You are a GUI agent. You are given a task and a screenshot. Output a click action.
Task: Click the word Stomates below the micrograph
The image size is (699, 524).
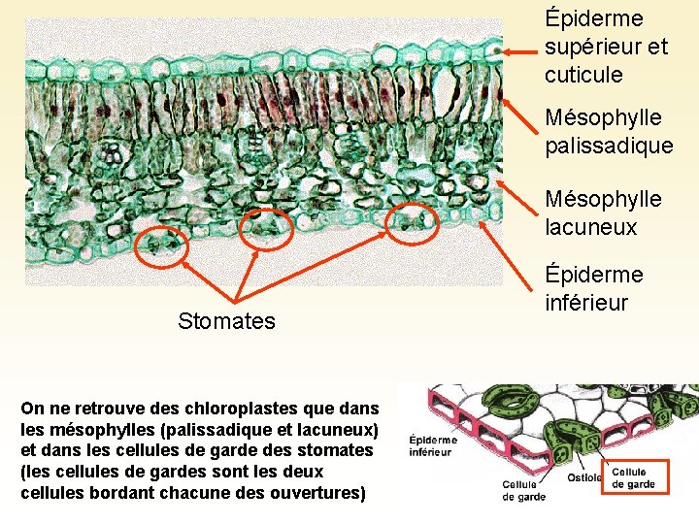tap(226, 321)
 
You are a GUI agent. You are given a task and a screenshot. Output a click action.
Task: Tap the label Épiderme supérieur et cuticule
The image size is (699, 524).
tap(606, 47)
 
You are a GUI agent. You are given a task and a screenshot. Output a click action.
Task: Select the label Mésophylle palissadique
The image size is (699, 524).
tap(609, 131)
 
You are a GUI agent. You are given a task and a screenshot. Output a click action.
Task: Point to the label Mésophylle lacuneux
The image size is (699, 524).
tap(603, 213)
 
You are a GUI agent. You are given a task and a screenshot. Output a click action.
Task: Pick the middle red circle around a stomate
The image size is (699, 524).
tap(263, 226)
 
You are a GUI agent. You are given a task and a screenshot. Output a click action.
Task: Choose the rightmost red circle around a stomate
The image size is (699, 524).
tap(414, 222)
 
